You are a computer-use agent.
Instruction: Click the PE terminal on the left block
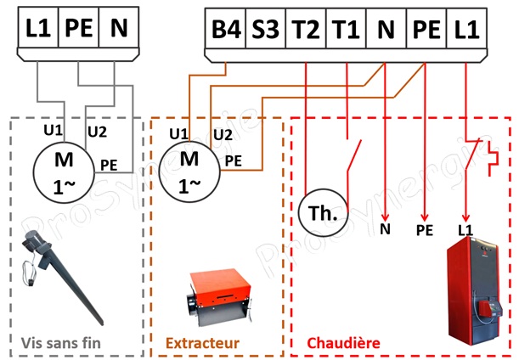(79, 29)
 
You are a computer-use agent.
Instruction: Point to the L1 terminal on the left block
(39, 29)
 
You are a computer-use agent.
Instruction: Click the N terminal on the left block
(118, 29)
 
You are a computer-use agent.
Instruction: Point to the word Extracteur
(202, 343)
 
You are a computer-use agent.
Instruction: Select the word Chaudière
(344, 343)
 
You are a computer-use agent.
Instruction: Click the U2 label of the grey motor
(97, 131)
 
